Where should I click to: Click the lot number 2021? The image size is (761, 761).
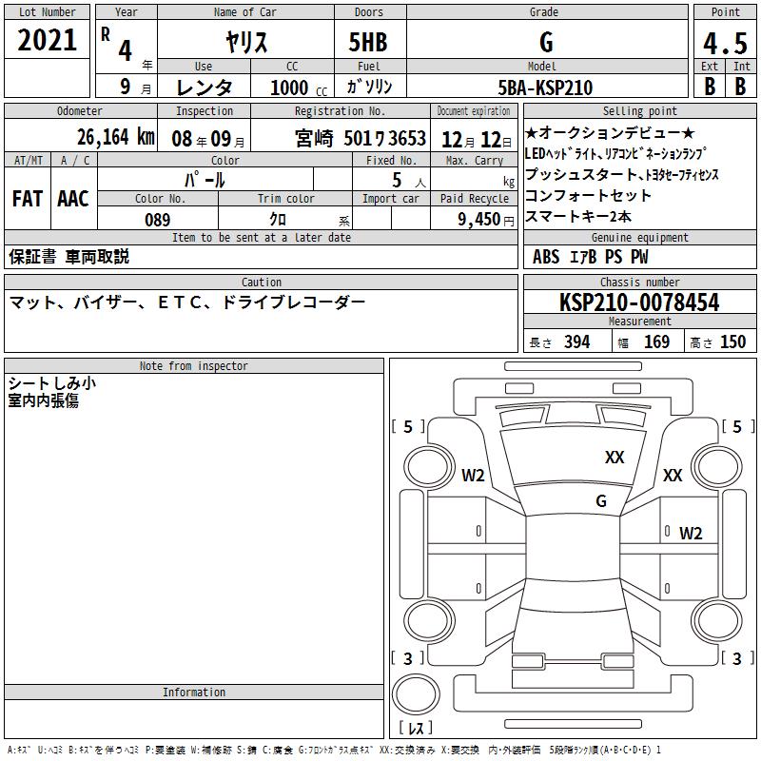click(48, 40)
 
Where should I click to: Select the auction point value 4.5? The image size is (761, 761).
click(725, 44)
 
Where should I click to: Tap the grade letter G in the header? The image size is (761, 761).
click(545, 43)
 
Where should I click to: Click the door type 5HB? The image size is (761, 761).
click(368, 43)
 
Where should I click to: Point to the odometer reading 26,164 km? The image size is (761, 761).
click(116, 137)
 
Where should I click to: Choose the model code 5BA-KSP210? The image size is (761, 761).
click(545, 88)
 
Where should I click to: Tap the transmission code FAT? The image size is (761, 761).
click(27, 198)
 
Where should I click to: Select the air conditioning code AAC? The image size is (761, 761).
click(73, 198)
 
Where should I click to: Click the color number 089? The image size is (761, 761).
click(158, 220)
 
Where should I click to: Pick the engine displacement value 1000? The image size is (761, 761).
click(289, 88)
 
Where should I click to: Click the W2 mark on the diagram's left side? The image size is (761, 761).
click(473, 476)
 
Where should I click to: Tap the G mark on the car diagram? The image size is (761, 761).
click(600, 500)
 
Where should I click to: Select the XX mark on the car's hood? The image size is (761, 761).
click(615, 458)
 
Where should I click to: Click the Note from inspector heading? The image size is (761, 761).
click(193, 366)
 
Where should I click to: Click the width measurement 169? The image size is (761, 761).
click(656, 342)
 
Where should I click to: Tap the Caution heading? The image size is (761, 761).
click(261, 283)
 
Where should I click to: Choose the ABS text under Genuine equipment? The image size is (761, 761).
click(546, 257)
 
